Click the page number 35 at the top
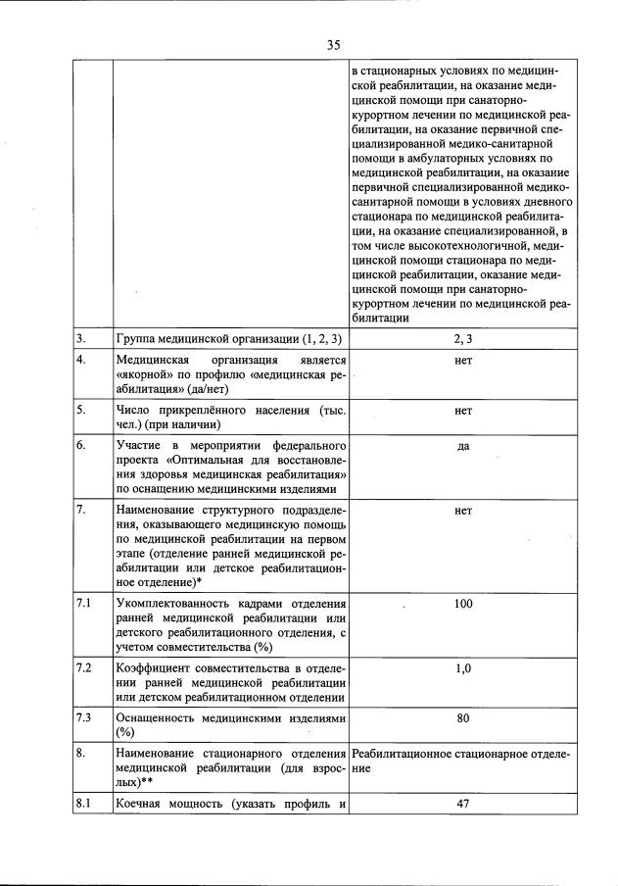(x=333, y=44)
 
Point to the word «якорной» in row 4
(x=140, y=374)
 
